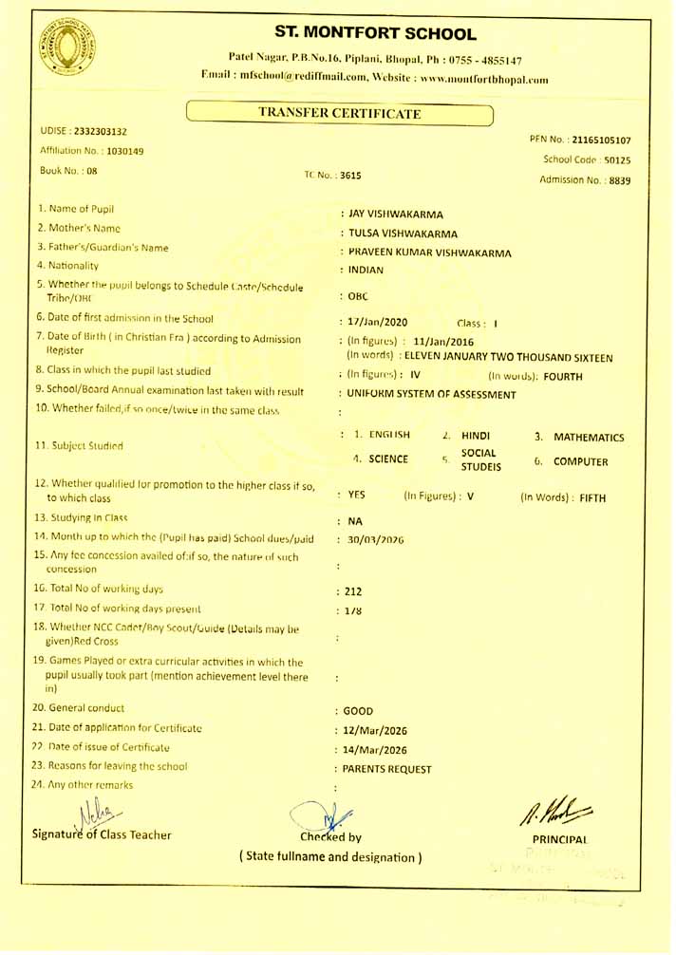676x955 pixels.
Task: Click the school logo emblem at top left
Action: (66, 47)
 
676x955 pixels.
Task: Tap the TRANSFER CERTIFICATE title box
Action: (339, 114)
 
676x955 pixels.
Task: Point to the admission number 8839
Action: (619, 180)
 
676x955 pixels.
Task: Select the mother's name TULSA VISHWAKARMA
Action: (403, 234)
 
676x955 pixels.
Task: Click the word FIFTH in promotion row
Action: (587, 496)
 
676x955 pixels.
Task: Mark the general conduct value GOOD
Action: (358, 710)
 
